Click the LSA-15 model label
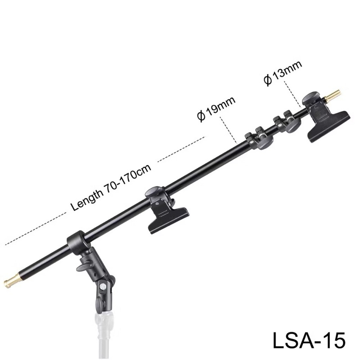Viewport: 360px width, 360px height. point(309,341)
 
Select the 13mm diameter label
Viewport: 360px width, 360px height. point(283,72)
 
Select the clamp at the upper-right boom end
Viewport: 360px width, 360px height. point(326,117)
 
